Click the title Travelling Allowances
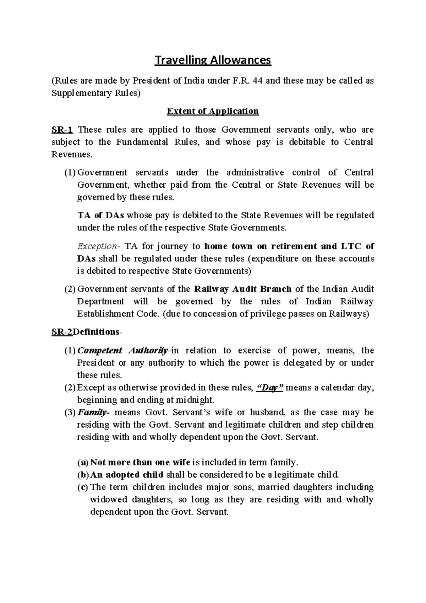pyautogui.click(x=213, y=60)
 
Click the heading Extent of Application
pyautogui.click(x=213, y=111)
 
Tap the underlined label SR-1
pyautogui.click(x=62, y=130)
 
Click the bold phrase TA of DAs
pyautogui.click(x=100, y=215)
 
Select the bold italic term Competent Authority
pyautogui.click(x=122, y=351)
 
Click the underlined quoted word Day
pyautogui.click(x=269, y=388)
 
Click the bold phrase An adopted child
pyautogui.click(x=127, y=475)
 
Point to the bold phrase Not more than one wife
pyautogui.click(x=140, y=462)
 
